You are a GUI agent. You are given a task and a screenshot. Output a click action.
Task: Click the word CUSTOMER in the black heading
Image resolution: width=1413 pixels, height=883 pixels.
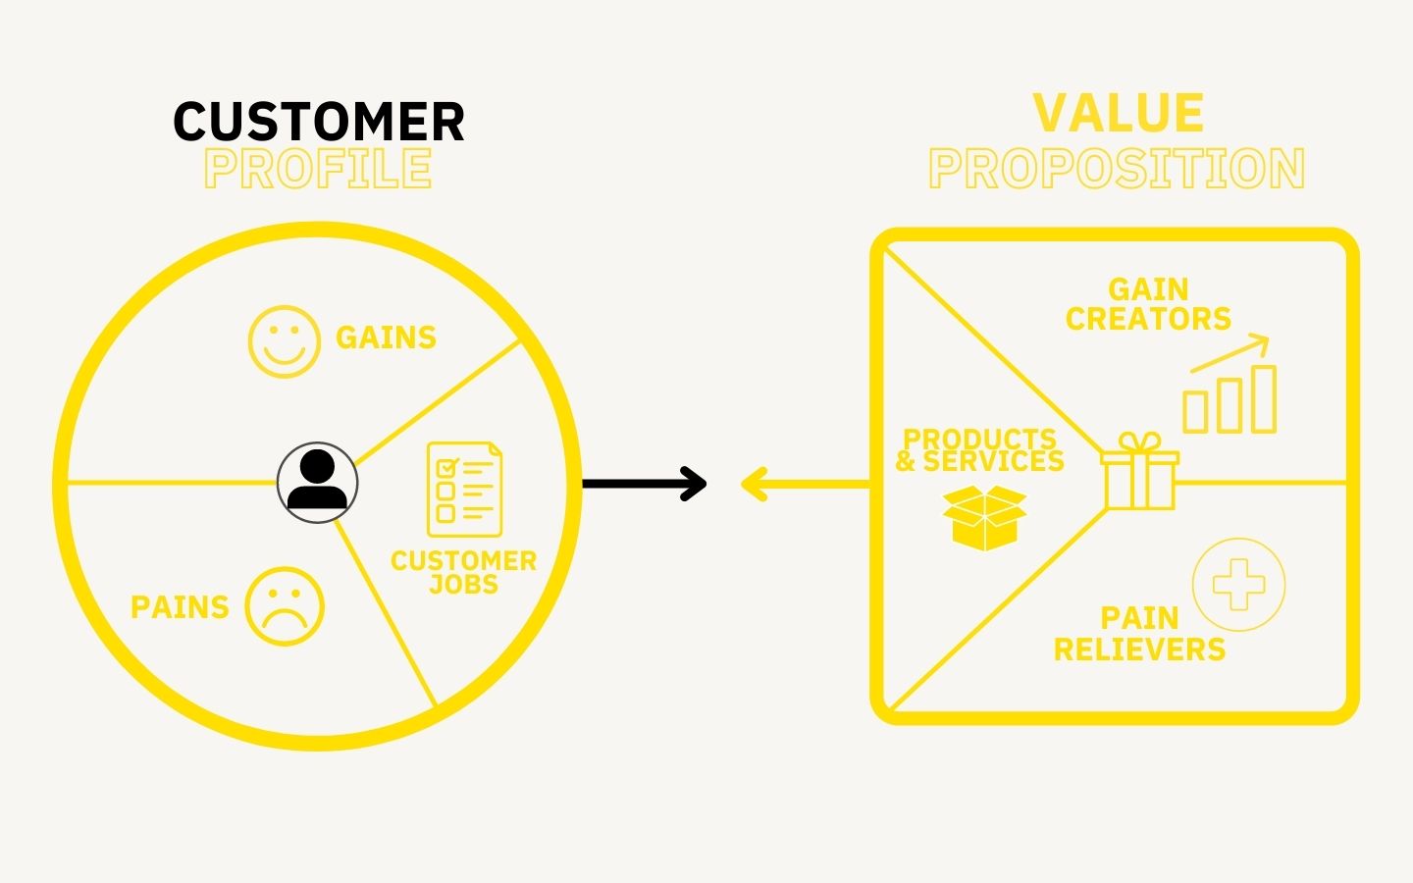point(319,122)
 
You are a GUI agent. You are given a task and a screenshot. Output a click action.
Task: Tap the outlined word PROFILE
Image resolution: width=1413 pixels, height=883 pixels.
point(318,169)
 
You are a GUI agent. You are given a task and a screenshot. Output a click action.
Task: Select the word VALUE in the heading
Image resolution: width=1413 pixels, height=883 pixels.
point(1119,114)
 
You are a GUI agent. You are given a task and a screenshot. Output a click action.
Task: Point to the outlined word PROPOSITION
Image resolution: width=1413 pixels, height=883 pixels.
point(1117,169)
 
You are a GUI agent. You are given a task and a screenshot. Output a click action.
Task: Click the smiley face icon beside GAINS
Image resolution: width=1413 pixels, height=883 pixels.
point(284,340)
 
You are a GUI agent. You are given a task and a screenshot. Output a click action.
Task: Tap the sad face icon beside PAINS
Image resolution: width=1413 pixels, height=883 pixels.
point(284,607)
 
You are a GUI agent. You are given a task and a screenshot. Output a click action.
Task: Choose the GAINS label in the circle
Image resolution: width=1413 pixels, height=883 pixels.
point(386,338)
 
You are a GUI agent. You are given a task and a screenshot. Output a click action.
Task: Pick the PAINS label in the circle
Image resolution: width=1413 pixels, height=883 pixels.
point(180,607)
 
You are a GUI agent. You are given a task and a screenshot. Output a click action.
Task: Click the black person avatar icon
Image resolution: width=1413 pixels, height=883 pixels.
point(318,482)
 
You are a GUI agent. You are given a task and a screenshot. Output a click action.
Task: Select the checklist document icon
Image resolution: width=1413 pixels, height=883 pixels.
point(464,490)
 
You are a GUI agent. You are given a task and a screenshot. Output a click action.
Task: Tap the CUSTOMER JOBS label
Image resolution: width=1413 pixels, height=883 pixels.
point(463,573)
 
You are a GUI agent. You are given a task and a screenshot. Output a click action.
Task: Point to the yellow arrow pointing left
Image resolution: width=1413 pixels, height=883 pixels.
point(805,484)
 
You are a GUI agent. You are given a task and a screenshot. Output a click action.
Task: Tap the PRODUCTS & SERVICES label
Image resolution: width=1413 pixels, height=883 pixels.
point(979,450)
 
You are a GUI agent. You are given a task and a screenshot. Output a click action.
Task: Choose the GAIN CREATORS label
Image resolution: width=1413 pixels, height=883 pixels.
point(1148,304)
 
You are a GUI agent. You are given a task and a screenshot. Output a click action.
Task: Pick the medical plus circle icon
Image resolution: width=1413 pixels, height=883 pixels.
point(1238,585)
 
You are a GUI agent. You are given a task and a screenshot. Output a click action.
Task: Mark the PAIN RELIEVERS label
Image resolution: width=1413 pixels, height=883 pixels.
point(1139,634)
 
